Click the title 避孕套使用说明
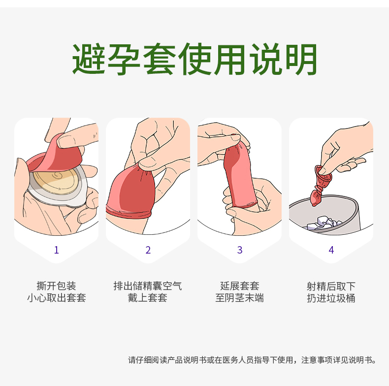click(x=194, y=59)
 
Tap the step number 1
click(x=57, y=250)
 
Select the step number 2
click(x=148, y=250)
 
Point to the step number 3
click(x=240, y=250)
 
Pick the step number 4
click(x=331, y=250)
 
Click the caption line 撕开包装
click(x=56, y=286)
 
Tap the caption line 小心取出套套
click(x=57, y=298)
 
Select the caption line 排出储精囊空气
click(x=148, y=286)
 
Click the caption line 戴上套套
click(x=148, y=298)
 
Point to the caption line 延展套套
click(x=240, y=286)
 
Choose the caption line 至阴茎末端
click(x=240, y=298)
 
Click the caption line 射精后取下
click(x=331, y=286)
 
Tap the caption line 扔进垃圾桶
click(x=331, y=298)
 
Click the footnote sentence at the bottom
click(x=252, y=360)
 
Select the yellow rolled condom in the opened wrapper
click(x=56, y=179)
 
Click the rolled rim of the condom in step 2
click(x=128, y=211)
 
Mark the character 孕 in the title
click(x=124, y=59)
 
